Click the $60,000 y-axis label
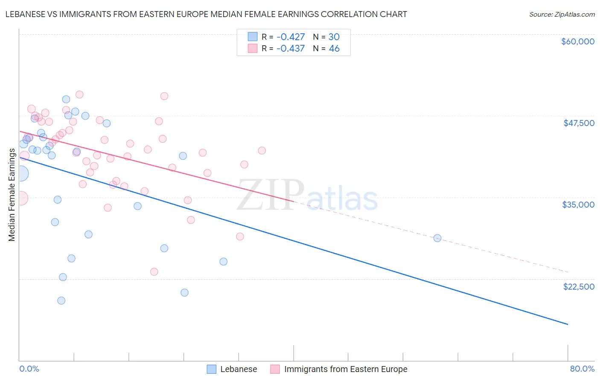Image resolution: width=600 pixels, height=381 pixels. click(577, 41)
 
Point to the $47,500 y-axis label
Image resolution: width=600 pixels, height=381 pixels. click(579, 123)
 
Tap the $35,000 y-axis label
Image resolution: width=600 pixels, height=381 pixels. click(578, 205)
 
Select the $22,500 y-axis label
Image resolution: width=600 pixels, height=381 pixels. click(579, 287)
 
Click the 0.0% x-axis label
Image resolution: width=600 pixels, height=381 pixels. click(29, 369)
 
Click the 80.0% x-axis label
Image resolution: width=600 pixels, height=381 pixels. click(582, 369)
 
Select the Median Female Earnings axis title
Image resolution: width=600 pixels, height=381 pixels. click(12, 195)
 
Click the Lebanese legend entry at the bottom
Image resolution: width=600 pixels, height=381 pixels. click(238, 369)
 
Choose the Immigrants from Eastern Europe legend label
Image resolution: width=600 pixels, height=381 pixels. click(346, 369)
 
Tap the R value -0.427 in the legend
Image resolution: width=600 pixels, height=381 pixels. click(291, 37)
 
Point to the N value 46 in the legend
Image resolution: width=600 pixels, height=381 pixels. click(334, 49)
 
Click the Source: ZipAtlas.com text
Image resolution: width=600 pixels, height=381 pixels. click(562, 14)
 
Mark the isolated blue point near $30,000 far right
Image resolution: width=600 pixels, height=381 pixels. click(437, 238)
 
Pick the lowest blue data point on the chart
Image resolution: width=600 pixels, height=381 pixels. click(61, 301)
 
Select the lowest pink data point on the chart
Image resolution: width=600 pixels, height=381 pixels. click(154, 272)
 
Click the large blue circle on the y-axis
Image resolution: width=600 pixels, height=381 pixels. click(20, 174)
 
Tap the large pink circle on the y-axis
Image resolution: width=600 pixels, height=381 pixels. click(20, 198)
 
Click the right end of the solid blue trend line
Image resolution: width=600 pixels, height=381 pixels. click(568, 324)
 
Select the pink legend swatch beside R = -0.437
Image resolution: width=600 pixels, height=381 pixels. click(253, 49)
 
